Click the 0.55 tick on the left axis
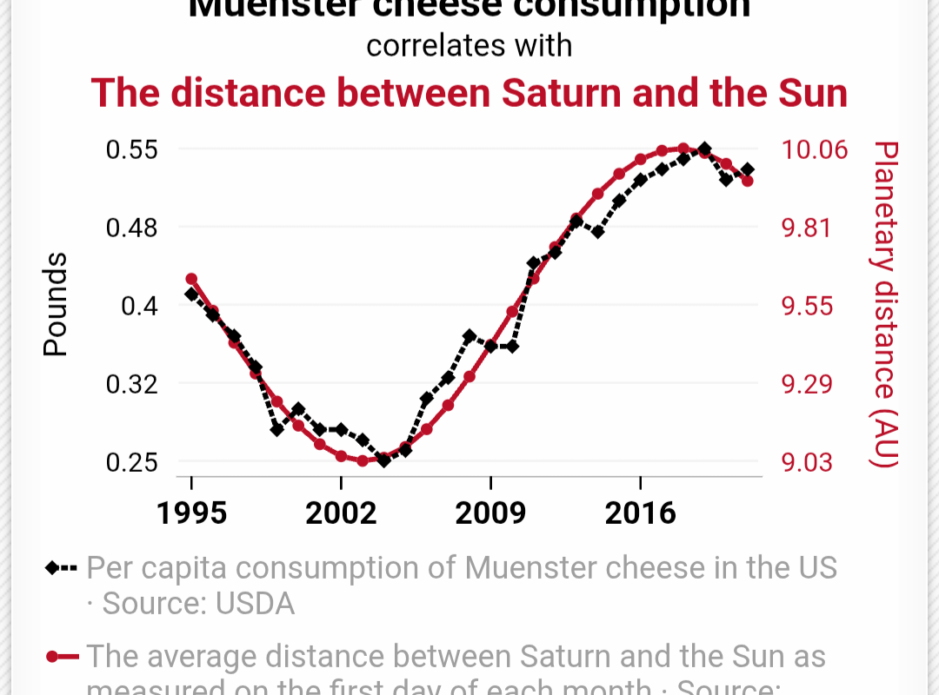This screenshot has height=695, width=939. tap(131, 149)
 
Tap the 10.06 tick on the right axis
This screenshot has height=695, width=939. tap(814, 149)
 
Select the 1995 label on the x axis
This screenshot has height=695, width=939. tap(191, 513)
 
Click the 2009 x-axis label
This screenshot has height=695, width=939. tap(490, 513)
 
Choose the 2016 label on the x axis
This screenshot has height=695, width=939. tap(640, 513)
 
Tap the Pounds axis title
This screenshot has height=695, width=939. tap(56, 305)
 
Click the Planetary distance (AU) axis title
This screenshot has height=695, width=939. tap(884, 305)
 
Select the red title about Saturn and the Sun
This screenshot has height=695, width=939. tap(469, 93)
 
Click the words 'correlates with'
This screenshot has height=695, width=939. tap(469, 45)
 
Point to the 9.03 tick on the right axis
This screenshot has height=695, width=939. tap(806, 462)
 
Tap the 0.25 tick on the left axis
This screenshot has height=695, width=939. tap(131, 462)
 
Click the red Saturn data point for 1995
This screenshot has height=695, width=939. tap(191, 279)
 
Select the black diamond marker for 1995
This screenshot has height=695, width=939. tap(191, 295)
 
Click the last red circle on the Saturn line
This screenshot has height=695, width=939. tap(747, 181)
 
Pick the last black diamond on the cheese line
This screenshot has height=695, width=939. tap(748, 169)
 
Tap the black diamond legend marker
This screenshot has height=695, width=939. tap(52, 568)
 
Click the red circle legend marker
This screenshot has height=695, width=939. tap(52, 657)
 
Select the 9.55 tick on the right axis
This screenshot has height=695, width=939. tap(806, 306)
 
